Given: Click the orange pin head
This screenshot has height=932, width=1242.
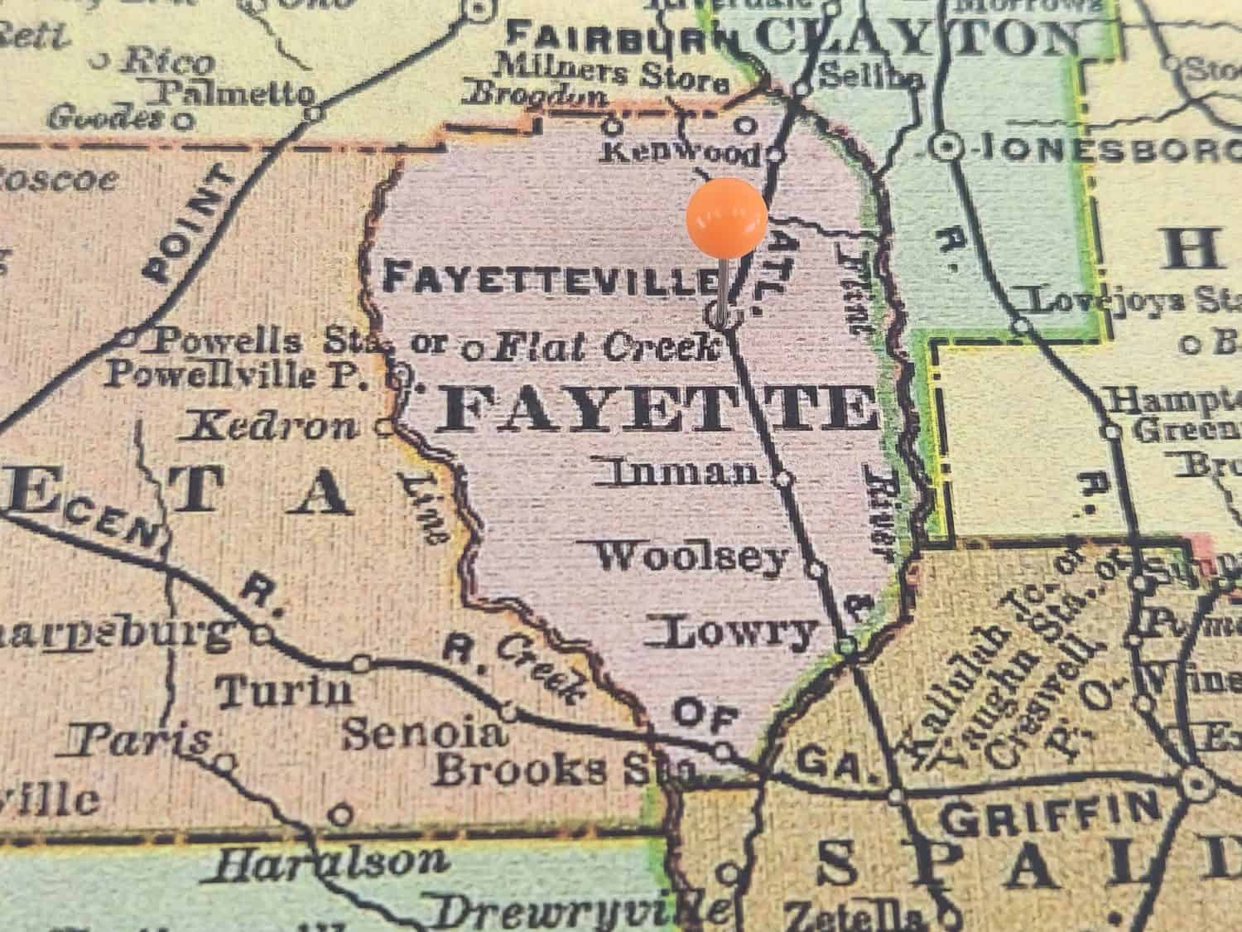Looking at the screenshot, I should click(726, 218).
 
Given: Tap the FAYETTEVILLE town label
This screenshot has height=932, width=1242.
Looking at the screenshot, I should click(550, 278).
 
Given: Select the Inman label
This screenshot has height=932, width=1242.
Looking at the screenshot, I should click(684, 473).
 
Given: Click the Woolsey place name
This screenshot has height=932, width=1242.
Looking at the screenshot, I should click(692, 558).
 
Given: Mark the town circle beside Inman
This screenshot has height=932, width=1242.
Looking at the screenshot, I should click(782, 478).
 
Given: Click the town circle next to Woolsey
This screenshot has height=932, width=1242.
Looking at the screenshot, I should click(816, 569).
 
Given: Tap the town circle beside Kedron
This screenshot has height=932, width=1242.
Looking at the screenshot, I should click(384, 427).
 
